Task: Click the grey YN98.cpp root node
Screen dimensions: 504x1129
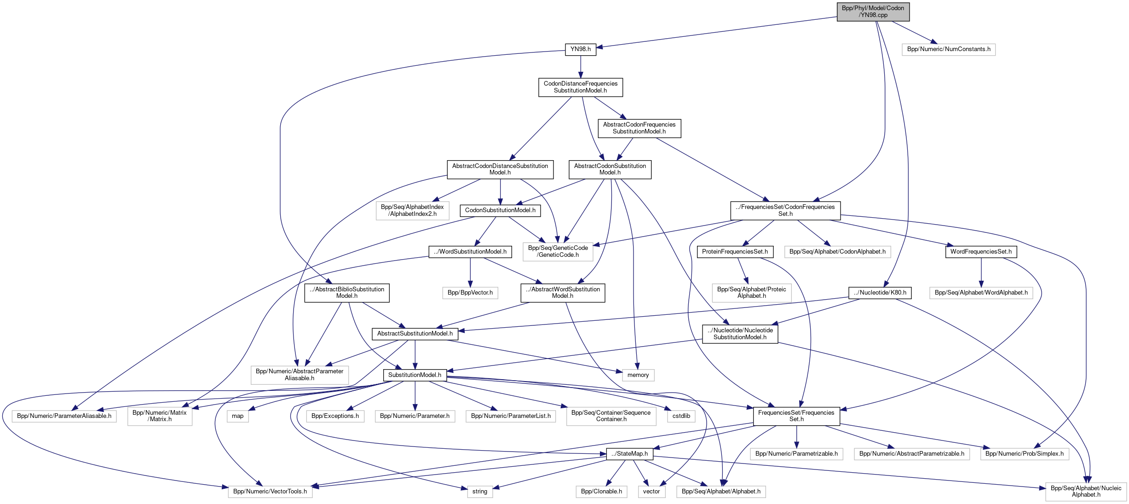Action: pyautogui.click(x=873, y=12)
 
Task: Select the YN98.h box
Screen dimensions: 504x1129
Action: pyautogui.click(x=581, y=49)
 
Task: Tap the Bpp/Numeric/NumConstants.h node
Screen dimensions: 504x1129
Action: pyautogui.click(x=949, y=49)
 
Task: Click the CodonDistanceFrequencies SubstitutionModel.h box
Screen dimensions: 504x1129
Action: pyautogui.click(x=581, y=87)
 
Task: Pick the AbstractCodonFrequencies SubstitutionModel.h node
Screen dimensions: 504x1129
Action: pyautogui.click(x=639, y=128)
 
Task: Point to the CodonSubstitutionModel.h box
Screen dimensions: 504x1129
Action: pyautogui.click(x=500, y=210)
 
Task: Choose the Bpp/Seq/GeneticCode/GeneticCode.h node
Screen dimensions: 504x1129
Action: pyautogui.click(x=558, y=251)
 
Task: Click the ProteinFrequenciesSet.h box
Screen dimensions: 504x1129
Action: pyautogui.click(x=735, y=252)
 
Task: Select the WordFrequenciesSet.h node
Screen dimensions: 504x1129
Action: pyautogui.click(x=981, y=252)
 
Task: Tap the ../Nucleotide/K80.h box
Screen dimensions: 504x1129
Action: pyautogui.click(x=880, y=293)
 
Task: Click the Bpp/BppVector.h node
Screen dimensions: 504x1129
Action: pyautogui.click(x=470, y=293)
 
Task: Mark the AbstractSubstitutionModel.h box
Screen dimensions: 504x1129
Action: pyautogui.click(x=415, y=334)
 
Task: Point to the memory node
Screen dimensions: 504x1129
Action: pyautogui.click(x=638, y=375)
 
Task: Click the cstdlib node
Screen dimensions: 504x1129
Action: pyautogui.click(x=681, y=416)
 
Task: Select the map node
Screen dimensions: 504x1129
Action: pyautogui.click(x=237, y=416)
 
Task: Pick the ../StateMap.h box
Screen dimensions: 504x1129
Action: pyautogui.click(x=629, y=454)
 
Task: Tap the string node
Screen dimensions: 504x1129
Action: pyautogui.click(x=479, y=492)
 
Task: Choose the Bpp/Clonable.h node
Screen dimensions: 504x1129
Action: pyautogui.click(x=601, y=492)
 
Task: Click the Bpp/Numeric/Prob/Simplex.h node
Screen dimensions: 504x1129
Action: pyautogui.click(x=1024, y=454)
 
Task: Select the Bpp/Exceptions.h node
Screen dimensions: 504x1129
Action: pyautogui.click(x=335, y=416)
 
